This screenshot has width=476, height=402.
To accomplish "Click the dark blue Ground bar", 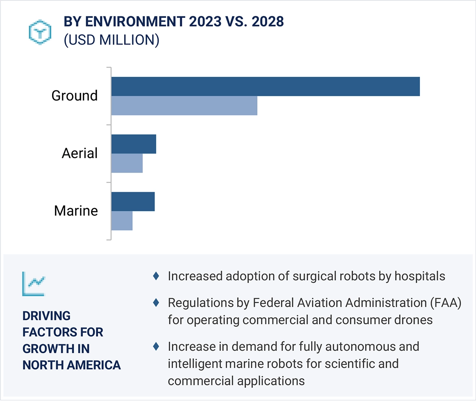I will (265, 86).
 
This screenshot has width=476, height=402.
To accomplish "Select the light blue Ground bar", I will (184, 106).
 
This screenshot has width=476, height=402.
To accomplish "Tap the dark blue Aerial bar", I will (133, 144).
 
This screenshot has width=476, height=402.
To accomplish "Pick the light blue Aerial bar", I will (127, 163).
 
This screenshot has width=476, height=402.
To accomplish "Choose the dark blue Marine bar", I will (133, 202).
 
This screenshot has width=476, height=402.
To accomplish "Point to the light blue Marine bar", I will (122, 221).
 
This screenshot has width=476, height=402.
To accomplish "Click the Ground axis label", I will (74, 96).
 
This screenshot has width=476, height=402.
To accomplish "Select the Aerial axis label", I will (80, 153).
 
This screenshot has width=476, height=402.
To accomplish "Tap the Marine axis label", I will (76, 211).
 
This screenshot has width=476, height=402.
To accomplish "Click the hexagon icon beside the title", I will (39, 32).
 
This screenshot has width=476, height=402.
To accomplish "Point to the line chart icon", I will (34, 283).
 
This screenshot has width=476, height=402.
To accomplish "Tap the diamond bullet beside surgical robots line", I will (155, 276).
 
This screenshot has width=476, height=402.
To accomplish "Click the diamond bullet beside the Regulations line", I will (155, 303).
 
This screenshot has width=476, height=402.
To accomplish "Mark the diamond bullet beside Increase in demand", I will (155, 347).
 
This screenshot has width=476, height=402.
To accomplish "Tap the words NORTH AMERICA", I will (72, 365).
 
